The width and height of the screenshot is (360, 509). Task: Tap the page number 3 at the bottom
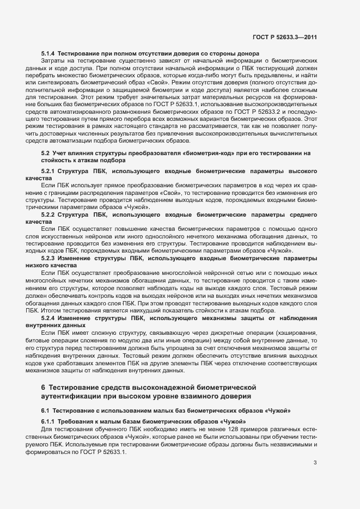(x=315, y=463)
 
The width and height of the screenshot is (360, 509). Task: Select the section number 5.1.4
(x=49, y=53)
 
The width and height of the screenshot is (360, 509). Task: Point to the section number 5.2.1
(x=51, y=171)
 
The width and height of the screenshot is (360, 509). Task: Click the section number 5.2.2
(x=51, y=215)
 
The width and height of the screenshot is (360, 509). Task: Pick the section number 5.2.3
(x=51, y=259)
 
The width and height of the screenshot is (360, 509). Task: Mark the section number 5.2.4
(x=51, y=317)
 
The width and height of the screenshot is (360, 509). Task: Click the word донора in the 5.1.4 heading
(x=246, y=53)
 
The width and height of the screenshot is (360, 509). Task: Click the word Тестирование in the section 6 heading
(x=72, y=388)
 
